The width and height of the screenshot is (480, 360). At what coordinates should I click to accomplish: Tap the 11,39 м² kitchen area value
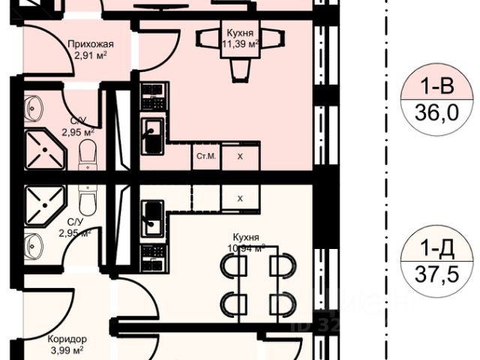[x=239, y=43]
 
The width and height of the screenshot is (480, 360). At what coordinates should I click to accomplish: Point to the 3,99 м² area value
[x=65, y=349]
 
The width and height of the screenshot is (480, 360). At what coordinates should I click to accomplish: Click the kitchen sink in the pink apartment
[x=153, y=134]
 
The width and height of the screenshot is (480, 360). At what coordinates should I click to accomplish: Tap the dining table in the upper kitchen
[x=240, y=45]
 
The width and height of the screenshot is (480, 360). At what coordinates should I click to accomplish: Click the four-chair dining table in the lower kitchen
[x=255, y=285]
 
